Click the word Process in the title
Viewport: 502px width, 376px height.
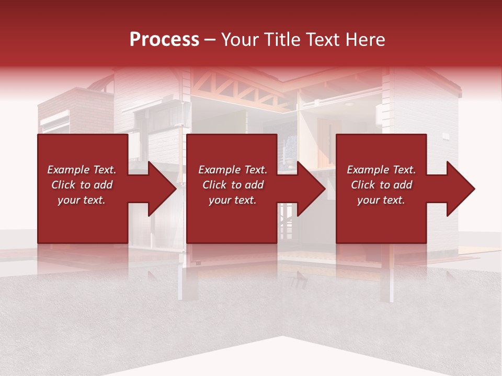164,40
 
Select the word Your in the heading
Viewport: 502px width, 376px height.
241,40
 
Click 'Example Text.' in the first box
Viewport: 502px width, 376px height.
82,170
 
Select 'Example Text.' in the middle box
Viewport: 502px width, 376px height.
233,170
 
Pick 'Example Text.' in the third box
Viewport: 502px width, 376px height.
381,170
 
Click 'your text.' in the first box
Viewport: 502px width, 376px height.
82,200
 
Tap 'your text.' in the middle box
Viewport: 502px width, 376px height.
233,200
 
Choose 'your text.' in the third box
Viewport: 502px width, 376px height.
381,200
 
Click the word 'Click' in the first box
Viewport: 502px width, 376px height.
63,185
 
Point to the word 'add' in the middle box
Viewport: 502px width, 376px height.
254,185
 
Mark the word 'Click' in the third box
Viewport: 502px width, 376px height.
363,185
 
